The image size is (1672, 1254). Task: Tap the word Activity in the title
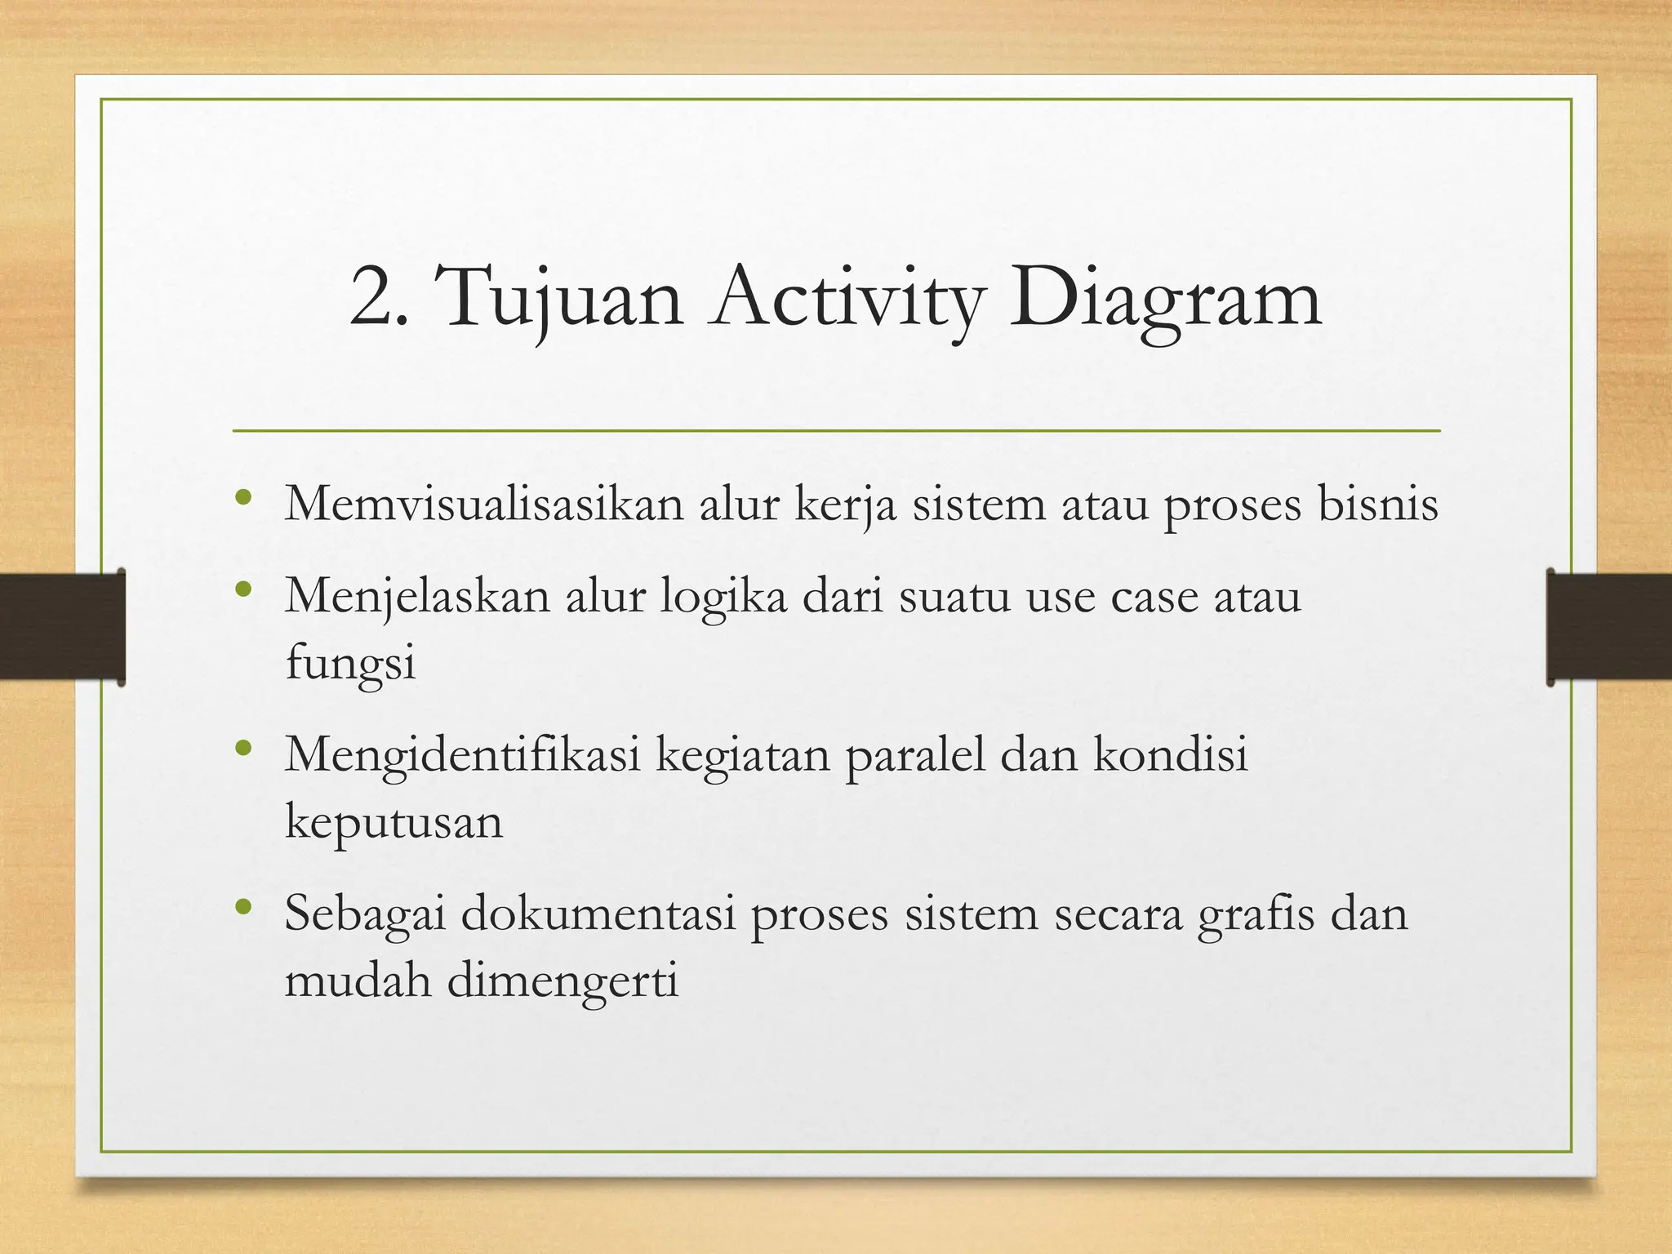[x=846, y=300]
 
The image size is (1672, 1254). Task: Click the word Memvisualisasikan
[x=483, y=504]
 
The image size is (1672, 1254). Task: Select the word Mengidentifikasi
[x=462, y=754]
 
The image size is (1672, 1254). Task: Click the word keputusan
[x=394, y=822]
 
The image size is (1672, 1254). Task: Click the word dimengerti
[x=563, y=981]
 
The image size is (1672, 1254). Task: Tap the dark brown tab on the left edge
[x=62, y=626]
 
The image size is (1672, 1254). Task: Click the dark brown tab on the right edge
[x=1609, y=626]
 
